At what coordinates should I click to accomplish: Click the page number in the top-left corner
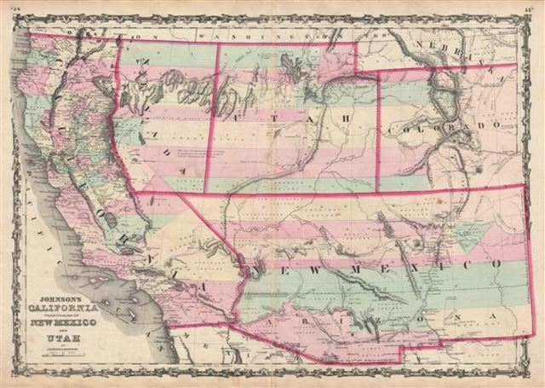[13, 7]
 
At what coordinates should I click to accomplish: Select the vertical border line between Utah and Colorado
[377, 128]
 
